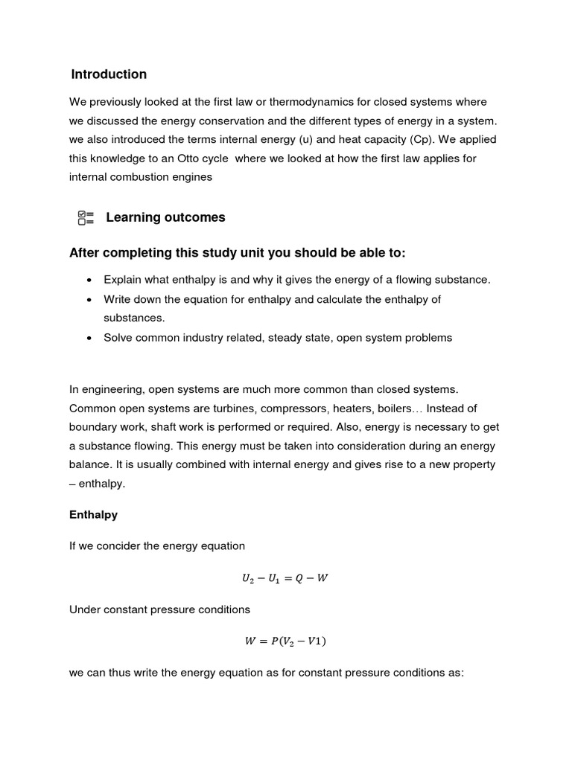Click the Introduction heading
pyautogui.click(x=109, y=74)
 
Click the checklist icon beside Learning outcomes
pyautogui.click(x=86, y=217)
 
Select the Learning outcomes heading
pyautogui.click(x=165, y=217)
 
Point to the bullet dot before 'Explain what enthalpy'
pyautogui.click(x=89, y=280)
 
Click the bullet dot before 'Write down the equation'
pyautogui.click(x=89, y=299)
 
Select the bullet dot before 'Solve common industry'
pyautogui.click(x=89, y=338)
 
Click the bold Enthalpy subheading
pyautogui.click(x=93, y=514)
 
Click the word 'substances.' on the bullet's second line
pyautogui.click(x=134, y=318)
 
